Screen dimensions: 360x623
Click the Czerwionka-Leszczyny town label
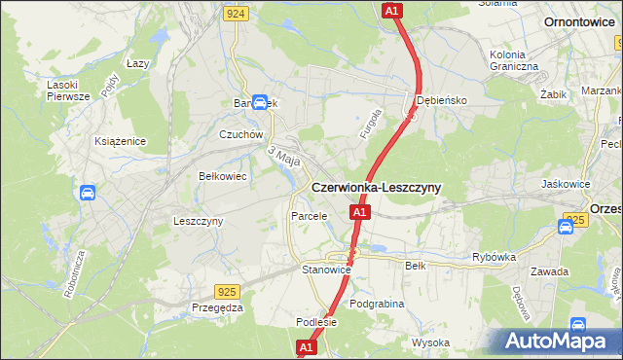pyautogui.click(x=375, y=188)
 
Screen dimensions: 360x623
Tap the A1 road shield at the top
pyautogui.click(x=390, y=10)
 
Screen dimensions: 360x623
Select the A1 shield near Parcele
pyautogui.click(x=359, y=212)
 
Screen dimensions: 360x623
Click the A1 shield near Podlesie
pyautogui.click(x=306, y=346)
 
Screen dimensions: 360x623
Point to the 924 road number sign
pyautogui.click(x=234, y=13)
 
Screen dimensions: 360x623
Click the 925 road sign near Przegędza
pyautogui.click(x=226, y=291)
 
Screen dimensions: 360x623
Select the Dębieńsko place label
pyautogui.click(x=443, y=100)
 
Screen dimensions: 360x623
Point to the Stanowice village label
pyautogui.click(x=325, y=270)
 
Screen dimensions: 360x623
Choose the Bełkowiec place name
pyautogui.click(x=222, y=177)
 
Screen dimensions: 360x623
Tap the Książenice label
pyautogui.click(x=121, y=141)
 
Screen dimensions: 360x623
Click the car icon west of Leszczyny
pyautogui.click(x=88, y=193)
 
